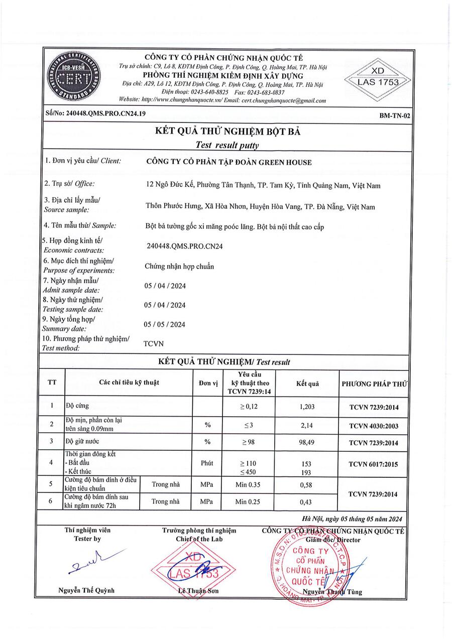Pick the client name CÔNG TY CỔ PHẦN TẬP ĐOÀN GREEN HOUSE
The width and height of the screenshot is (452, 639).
(229, 162)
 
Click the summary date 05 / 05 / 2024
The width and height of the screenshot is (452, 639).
(165, 324)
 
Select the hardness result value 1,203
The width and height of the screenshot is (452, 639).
(306, 407)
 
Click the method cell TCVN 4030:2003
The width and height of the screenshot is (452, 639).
(374, 426)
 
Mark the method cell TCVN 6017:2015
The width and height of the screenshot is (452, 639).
(374, 464)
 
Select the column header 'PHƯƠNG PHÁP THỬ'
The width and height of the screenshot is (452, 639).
(374, 384)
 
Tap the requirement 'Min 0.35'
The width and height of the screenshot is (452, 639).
(248, 484)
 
